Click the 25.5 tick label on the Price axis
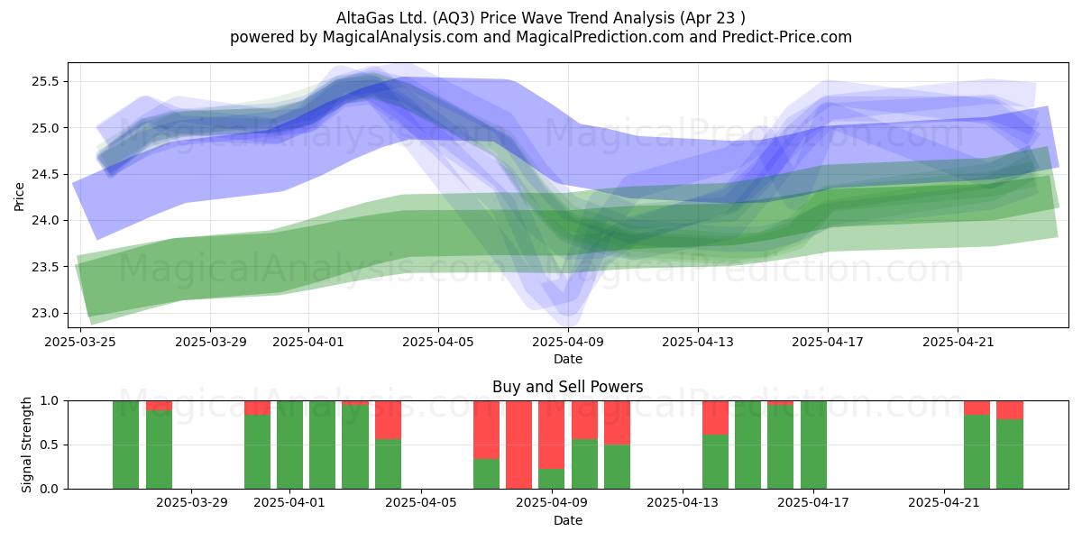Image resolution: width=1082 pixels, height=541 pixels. coord(45,81)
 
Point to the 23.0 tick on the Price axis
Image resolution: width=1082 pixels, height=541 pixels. coord(45,313)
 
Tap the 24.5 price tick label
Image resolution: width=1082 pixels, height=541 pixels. coord(45,174)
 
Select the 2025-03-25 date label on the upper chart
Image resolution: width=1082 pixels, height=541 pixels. coord(80,342)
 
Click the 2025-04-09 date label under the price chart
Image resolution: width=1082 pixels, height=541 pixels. coord(568,342)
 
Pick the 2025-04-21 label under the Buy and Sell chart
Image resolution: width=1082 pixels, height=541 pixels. coord(944,502)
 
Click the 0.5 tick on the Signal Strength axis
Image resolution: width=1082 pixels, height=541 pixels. coord(48,445)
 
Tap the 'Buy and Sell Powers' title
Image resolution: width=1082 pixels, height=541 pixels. coord(567,387)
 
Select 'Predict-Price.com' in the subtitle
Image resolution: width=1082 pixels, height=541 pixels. coord(787,37)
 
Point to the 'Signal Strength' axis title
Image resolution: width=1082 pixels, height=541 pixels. coord(26,445)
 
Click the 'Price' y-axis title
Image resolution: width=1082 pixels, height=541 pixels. coord(19,197)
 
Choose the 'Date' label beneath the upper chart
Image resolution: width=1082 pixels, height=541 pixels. coord(568,359)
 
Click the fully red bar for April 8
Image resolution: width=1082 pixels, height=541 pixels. coord(518,445)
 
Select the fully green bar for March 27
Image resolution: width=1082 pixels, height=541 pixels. coord(125,445)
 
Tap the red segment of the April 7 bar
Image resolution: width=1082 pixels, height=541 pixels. coord(486,429)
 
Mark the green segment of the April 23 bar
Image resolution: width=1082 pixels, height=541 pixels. coord(1010,454)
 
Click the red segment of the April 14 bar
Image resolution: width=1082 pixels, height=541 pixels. coord(715,417)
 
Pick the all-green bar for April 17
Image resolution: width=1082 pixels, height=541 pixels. coord(813,445)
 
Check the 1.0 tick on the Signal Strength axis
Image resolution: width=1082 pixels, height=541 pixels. coord(48,400)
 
